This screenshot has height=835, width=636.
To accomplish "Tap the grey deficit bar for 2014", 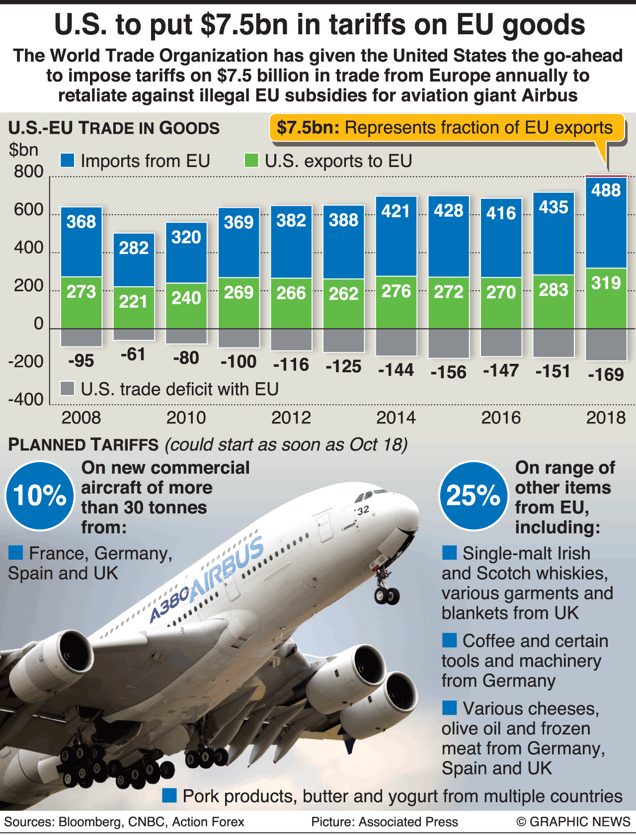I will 396,342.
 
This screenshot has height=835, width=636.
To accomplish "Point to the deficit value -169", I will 606,374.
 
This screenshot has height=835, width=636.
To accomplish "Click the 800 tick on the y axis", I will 29,172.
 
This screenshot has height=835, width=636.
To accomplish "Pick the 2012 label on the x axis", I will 291,417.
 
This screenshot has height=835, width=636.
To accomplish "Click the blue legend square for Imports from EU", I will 67,161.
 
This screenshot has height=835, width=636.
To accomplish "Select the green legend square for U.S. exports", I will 251,161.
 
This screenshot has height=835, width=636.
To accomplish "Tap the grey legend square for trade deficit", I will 67,389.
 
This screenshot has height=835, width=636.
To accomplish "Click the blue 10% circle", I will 40,496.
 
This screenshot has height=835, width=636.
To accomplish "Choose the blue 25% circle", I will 474,496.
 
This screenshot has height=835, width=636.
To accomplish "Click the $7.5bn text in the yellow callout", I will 308,128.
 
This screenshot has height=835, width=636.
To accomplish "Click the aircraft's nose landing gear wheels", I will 387,594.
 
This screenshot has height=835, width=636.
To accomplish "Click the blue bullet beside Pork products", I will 169,796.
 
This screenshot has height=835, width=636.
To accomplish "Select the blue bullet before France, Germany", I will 16,553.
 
